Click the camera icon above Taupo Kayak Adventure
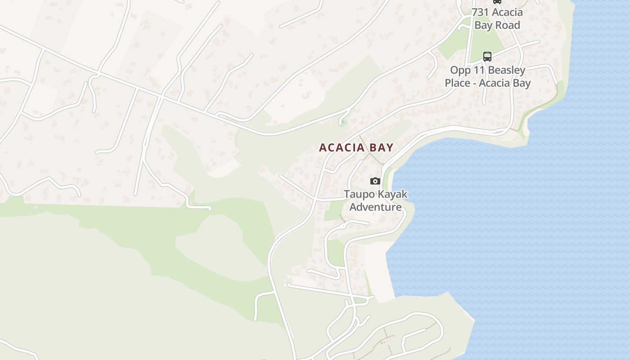coord(375,181)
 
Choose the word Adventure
coord(375,207)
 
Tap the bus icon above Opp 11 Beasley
coord(487,57)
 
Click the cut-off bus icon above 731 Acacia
coord(497,1)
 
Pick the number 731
coord(481,12)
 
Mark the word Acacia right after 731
coord(508,12)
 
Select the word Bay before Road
coord(484,25)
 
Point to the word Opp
coord(460,70)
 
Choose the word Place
coord(458,83)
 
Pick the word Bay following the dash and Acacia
coord(522,83)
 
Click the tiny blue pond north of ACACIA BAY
coord(343,121)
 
